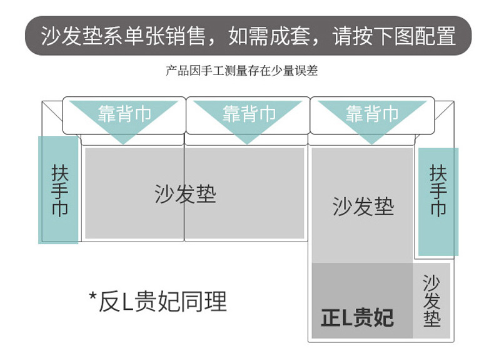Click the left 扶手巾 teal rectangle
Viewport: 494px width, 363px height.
coord(59,190)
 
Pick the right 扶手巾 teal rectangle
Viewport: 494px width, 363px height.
coord(438,201)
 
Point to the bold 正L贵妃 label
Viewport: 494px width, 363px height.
coord(357,318)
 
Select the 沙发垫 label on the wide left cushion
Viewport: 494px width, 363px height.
coord(185,194)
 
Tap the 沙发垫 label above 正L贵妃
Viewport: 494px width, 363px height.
coord(363,206)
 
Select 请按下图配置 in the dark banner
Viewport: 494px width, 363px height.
coord(394,36)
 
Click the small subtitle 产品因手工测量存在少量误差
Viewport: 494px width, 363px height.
coord(241,71)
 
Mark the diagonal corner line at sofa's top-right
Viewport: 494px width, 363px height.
coord(443,111)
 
